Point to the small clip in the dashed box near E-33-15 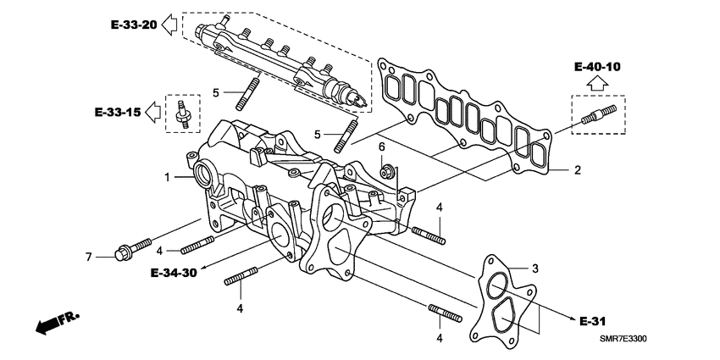180,114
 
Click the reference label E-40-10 597,65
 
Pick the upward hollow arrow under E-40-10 597,83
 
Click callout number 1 168,177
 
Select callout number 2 577,170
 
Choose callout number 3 534,269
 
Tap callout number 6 382,147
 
